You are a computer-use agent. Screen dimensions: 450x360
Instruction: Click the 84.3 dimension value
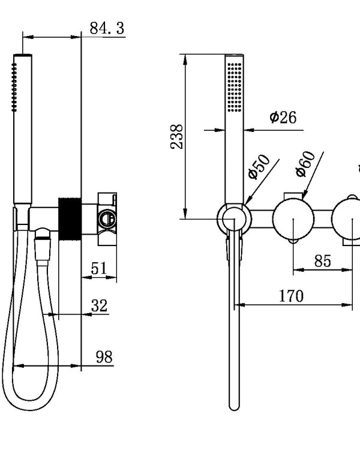107,28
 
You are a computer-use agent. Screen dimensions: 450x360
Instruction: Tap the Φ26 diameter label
282,117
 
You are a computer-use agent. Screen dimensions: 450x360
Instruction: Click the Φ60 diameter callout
305,163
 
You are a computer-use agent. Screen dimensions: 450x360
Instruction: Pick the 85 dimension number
322,261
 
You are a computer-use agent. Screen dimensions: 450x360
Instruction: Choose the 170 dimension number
291,296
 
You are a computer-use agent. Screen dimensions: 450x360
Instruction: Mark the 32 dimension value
100,305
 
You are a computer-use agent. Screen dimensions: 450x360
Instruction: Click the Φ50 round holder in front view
232,218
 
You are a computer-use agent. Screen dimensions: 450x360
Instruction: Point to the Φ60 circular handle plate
293,219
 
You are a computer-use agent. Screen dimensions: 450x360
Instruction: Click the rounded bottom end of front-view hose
233,405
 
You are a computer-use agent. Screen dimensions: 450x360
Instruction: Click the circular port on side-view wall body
108,218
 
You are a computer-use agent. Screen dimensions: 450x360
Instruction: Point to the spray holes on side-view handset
13,88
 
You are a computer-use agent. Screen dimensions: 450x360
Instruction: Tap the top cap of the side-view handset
22,56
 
